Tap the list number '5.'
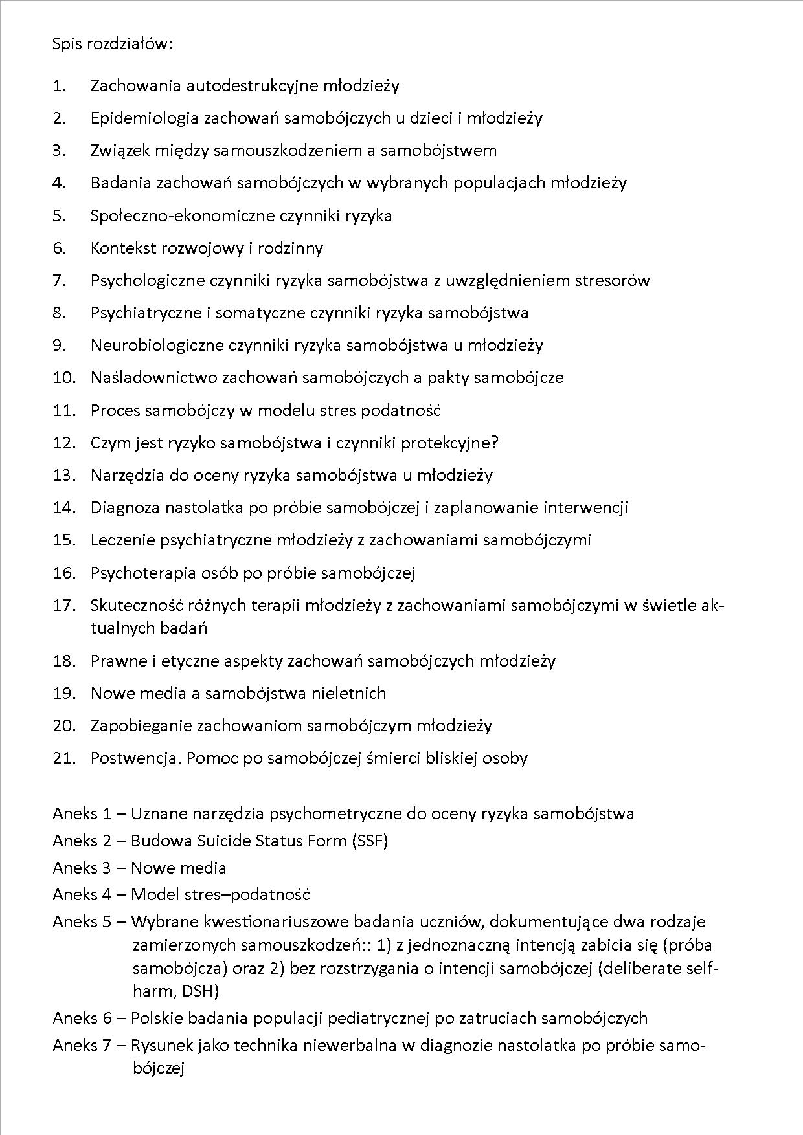tap(60, 215)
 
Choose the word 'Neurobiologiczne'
tap(157, 345)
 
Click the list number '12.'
tap(64, 443)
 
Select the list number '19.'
tap(64, 693)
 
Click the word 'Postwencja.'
tap(136, 758)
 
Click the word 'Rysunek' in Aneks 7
tap(161, 1045)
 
